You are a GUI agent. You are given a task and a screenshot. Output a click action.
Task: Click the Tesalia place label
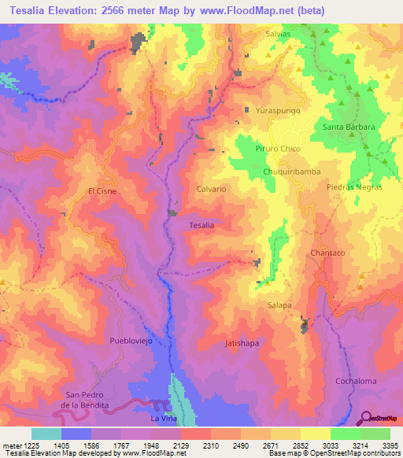click(x=201, y=225)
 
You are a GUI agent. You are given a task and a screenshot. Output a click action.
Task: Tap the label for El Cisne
click(x=102, y=190)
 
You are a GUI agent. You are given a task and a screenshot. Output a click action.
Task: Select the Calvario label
click(x=211, y=190)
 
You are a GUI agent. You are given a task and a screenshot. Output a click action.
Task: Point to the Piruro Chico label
click(x=278, y=149)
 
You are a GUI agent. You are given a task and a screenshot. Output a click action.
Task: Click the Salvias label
click(x=278, y=34)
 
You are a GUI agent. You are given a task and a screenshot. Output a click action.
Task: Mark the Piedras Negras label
click(x=354, y=187)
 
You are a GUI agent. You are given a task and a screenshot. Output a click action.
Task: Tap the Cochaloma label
click(x=356, y=381)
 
